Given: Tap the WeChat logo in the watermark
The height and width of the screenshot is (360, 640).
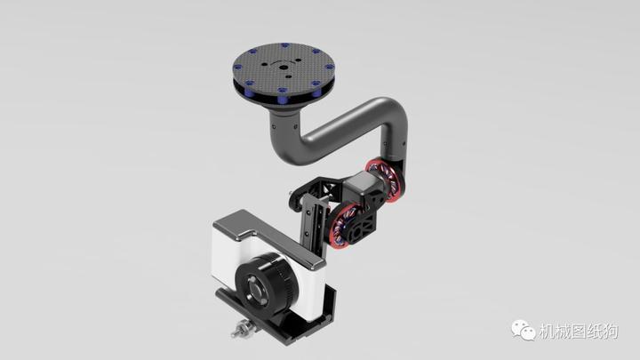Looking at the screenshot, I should point(522,330).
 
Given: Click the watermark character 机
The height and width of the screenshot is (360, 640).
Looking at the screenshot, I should point(547,331).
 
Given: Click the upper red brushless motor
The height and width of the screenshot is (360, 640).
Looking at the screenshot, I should point(388,181).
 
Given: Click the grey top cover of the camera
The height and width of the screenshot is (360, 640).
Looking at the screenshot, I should point(267,233).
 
